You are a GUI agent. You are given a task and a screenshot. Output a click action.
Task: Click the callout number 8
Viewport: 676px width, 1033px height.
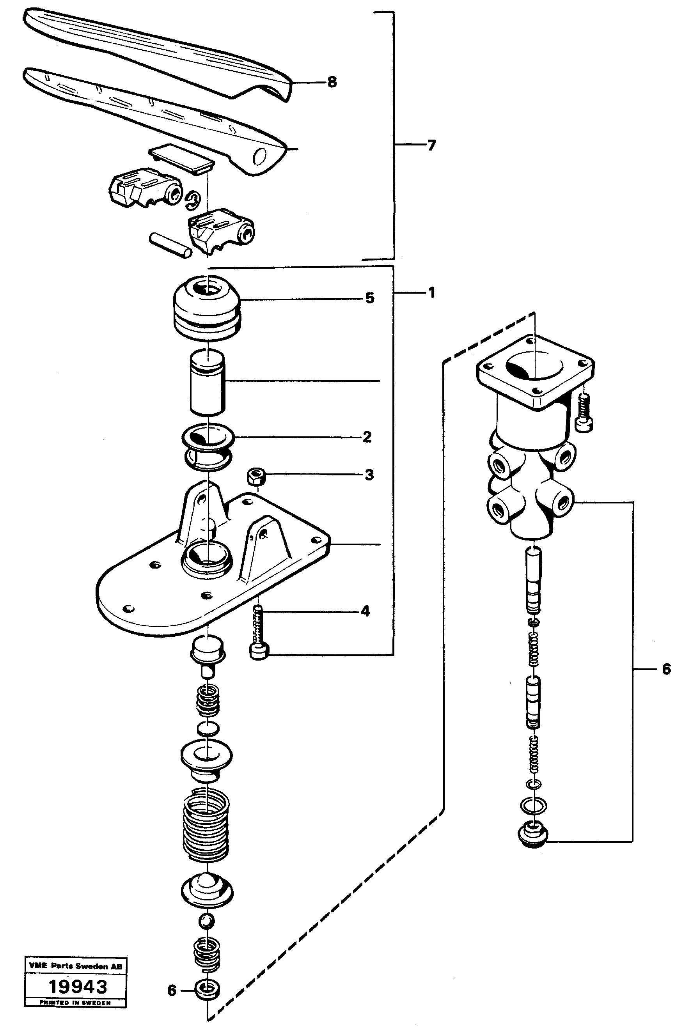pos(332,82)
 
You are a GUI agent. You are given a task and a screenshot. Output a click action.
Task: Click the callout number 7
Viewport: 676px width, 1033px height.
pos(431,145)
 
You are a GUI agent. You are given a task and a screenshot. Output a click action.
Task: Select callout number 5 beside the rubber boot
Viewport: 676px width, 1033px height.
pos(369,298)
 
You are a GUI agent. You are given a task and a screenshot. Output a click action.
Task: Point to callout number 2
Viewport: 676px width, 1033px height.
pos(367,437)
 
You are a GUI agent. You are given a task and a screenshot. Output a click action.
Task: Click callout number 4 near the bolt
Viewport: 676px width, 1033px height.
pos(365,611)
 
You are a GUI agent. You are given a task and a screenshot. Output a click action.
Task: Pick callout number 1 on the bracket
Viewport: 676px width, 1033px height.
pos(431,293)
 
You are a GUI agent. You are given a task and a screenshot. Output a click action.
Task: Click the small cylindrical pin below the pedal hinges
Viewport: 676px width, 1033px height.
pos(170,245)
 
